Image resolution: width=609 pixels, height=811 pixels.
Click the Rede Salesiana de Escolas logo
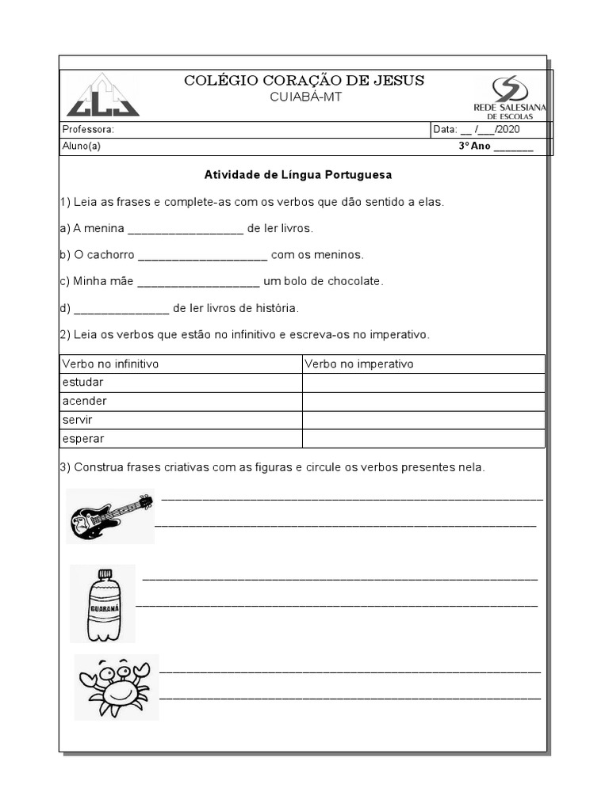[514, 97]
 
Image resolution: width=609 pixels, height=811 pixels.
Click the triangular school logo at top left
[102, 96]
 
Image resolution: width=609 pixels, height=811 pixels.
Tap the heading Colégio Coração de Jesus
[304, 80]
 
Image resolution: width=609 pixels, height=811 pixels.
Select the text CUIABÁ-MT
[304, 97]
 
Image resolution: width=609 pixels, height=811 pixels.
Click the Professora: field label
[88, 130]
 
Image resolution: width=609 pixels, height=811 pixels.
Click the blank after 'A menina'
[185, 229]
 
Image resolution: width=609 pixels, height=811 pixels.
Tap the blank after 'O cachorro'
[202, 255]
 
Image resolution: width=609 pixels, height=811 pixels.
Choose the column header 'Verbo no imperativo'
[359, 364]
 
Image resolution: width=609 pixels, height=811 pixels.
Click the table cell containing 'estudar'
[83, 383]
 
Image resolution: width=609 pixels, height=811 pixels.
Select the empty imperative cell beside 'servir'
[423, 420]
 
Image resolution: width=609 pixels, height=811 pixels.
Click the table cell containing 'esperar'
[83, 439]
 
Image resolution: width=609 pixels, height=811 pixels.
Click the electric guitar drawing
[110, 516]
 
